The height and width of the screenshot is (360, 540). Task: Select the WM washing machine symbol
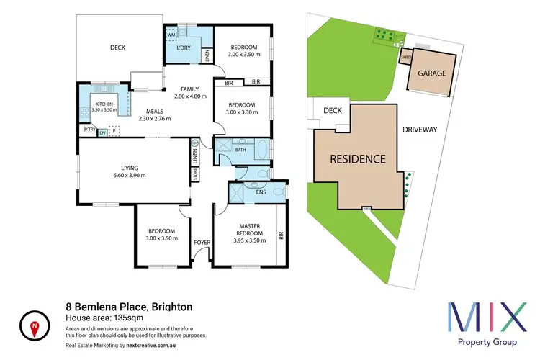171,34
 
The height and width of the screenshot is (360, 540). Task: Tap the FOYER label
202,242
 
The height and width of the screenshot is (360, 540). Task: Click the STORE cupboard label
194,174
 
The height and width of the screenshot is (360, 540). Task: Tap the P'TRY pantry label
90,130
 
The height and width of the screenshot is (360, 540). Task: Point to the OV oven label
102,132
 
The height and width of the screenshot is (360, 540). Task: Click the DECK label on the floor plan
118,48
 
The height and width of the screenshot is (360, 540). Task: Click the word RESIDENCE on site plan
358,158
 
